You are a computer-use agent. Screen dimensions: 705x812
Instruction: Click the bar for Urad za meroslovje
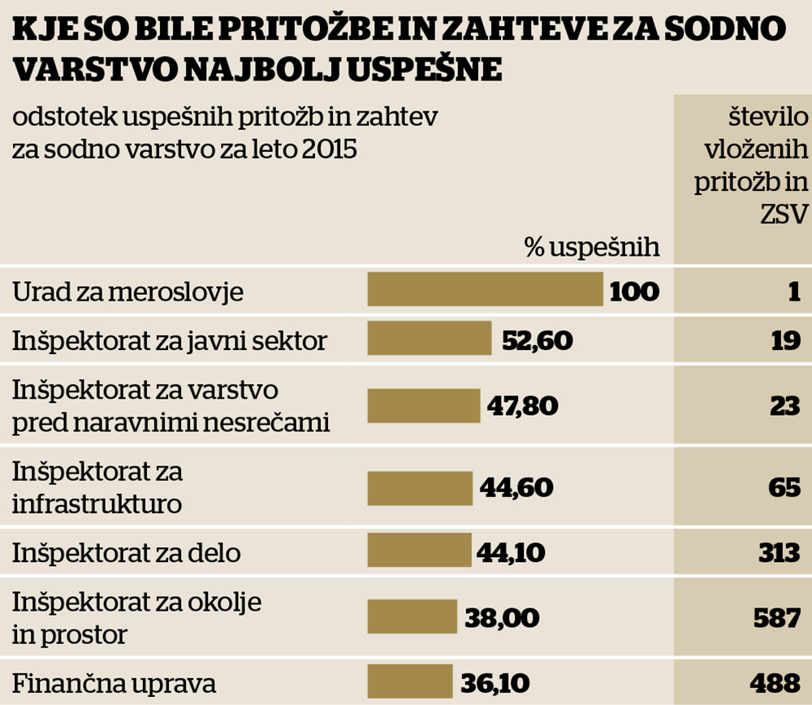485,289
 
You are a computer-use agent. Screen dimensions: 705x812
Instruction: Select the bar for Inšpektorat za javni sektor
430,339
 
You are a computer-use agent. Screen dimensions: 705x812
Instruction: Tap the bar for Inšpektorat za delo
419,551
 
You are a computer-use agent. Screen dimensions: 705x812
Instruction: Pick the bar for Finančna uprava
409,681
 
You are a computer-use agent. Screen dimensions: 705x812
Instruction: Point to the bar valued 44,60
420,487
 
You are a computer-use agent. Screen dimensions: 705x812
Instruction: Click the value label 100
634,291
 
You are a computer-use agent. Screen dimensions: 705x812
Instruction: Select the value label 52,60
537,340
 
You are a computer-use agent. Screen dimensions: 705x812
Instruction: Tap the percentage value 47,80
522,404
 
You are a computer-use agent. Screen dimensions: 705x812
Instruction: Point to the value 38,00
502,617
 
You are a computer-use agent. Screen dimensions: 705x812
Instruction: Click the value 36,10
496,682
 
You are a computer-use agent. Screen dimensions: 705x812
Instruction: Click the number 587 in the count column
777,617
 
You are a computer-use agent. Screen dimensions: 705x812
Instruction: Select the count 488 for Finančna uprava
777,682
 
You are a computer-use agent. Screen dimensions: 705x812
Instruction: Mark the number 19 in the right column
786,340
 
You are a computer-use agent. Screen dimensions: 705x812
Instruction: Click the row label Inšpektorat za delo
127,553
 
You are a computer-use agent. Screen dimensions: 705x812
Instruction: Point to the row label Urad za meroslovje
127,292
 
